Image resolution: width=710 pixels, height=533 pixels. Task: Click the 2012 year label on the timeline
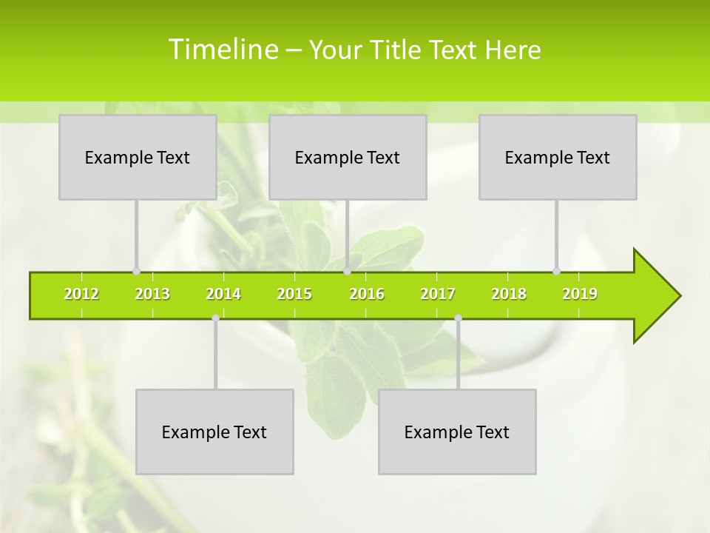tap(81, 294)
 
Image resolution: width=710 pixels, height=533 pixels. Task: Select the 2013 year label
tap(152, 294)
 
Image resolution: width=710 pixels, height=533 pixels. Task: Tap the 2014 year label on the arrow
tap(223, 294)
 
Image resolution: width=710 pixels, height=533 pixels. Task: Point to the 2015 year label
tap(294, 294)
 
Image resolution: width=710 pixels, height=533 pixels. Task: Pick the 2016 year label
tap(367, 294)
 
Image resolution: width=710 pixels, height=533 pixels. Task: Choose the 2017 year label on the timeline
tap(438, 294)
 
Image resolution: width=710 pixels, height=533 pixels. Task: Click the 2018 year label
tap(509, 294)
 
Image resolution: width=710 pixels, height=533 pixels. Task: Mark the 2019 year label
tap(580, 294)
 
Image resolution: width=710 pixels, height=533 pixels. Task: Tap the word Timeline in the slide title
tap(222, 50)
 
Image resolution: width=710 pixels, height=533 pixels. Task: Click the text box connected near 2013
tap(138, 157)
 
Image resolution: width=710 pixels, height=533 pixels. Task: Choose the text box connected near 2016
tap(348, 157)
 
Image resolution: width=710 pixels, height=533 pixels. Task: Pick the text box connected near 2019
tap(558, 157)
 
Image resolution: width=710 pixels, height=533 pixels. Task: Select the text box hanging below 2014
tap(214, 432)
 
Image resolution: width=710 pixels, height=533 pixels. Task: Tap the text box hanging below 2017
tap(457, 432)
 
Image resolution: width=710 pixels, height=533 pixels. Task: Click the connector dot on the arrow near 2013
tap(136, 272)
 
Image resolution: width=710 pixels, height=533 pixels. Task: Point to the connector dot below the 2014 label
tap(215, 318)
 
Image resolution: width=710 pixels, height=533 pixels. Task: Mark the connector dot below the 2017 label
tap(458, 318)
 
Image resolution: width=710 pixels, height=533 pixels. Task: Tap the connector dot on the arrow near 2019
tap(556, 272)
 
